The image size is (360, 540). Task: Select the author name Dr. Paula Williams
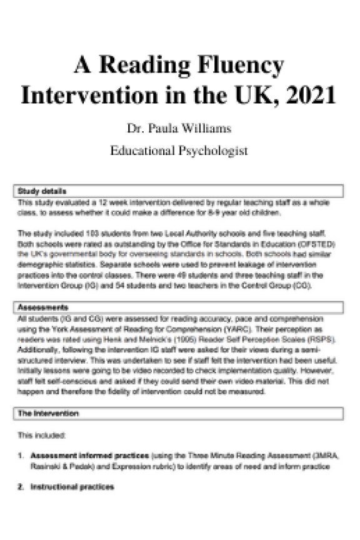[179, 129]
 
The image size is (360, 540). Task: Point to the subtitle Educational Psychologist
[179, 151]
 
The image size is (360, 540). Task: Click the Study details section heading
[42, 191]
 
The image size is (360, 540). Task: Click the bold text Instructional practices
[72, 487]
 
